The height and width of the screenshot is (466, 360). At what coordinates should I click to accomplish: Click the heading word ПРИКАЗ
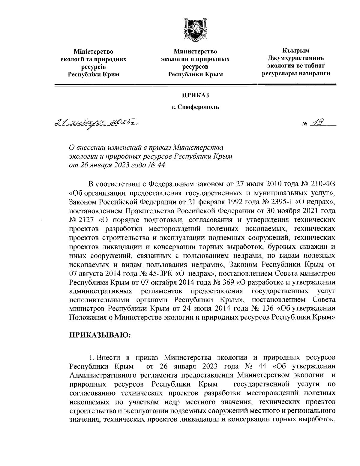coord(195,95)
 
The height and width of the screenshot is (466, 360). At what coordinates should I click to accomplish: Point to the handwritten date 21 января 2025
coord(96,123)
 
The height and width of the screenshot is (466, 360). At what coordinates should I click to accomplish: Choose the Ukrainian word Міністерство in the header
coord(93,52)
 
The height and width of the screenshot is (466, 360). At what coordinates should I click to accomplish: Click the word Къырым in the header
coord(296,51)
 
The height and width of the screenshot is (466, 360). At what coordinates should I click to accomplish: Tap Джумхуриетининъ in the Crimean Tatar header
coord(296,58)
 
